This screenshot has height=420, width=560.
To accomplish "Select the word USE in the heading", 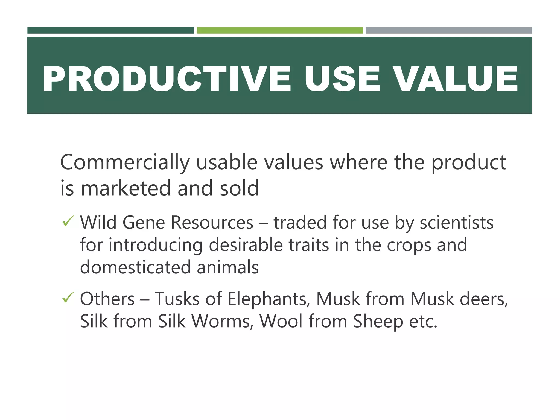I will pos(342,79).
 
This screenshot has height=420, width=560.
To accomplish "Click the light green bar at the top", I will pos(280,30).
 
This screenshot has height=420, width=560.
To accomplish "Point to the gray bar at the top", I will pos(449,30).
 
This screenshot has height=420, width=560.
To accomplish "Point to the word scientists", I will pos(456,222).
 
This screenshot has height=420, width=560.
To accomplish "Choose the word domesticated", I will pos(135,267).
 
